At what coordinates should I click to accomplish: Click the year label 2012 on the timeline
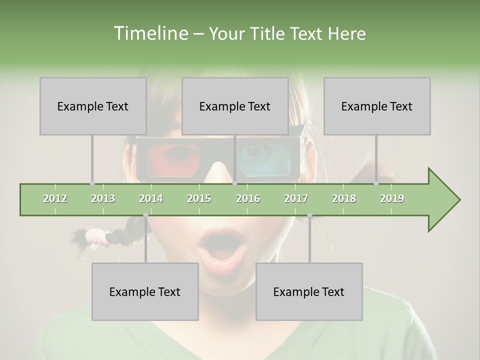coord(55,198)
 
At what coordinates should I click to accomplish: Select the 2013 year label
coord(103,198)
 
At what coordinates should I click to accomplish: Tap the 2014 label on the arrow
coord(151,198)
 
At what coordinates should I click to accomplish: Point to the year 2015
coord(199,198)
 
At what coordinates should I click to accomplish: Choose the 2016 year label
coord(248,198)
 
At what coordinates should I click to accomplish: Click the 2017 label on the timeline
coord(296,198)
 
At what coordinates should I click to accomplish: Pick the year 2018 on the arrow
coord(344,198)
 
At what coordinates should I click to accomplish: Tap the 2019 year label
coord(392,198)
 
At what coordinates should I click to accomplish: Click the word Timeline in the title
coord(150,33)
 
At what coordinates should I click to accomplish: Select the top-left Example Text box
coord(93,106)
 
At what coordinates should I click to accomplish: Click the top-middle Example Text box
coord(235,106)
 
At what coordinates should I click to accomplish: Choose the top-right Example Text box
coord(377,106)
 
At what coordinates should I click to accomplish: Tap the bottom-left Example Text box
coord(145,291)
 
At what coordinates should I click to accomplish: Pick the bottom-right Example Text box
coord(309,291)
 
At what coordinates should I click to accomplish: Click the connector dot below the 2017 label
coord(309,215)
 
